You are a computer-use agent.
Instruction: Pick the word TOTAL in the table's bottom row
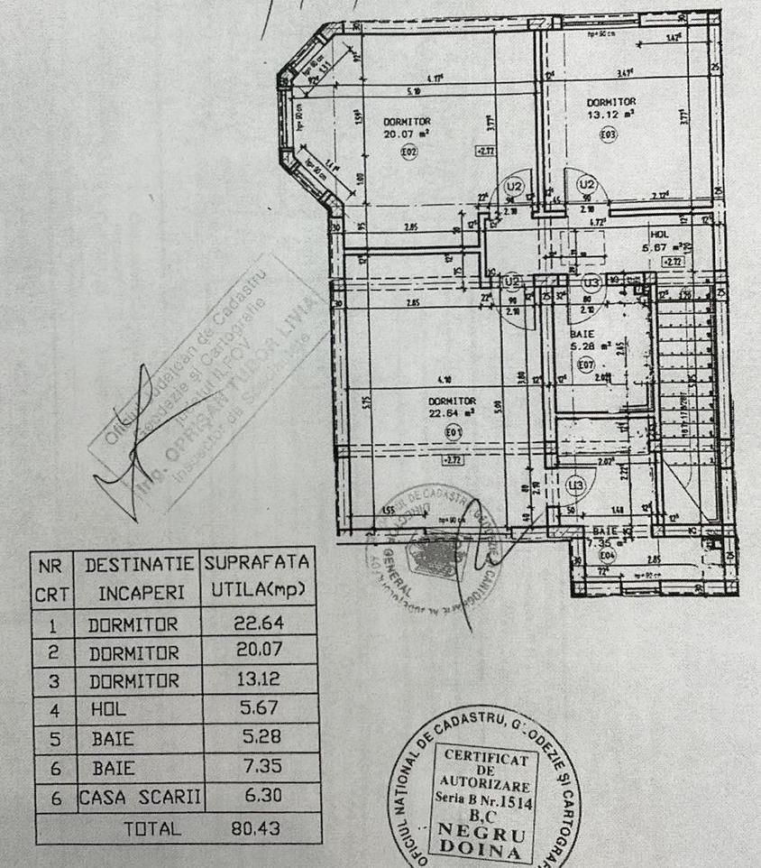[x=151, y=827]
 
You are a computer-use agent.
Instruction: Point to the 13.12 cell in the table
[x=260, y=681]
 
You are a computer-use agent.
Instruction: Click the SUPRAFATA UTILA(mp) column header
[x=259, y=577]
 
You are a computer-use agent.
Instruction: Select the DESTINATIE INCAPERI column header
[x=139, y=578]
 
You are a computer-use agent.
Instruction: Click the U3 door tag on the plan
[x=592, y=281]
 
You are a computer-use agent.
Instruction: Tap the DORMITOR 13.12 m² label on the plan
[x=610, y=108]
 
